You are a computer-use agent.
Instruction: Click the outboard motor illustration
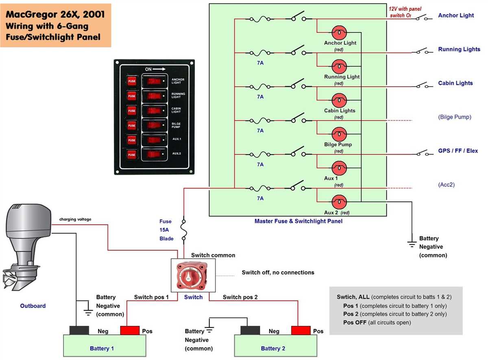click(27, 248)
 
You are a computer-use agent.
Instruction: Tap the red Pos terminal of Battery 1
click(130, 330)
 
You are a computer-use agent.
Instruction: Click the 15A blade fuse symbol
click(184, 231)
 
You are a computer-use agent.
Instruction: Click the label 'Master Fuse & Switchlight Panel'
click(298, 221)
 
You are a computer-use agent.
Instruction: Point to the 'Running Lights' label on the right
click(459, 49)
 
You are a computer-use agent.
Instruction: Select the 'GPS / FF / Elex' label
click(458, 151)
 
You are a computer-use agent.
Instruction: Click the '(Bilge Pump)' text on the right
click(455, 117)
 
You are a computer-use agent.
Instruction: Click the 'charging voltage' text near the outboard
click(75, 219)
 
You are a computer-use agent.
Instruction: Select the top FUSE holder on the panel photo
click(132, 81)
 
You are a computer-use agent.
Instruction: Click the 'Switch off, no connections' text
click(278, 273)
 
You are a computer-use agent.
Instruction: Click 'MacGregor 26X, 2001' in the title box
click(55, 15)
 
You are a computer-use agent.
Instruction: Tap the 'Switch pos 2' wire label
click(240, 297)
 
